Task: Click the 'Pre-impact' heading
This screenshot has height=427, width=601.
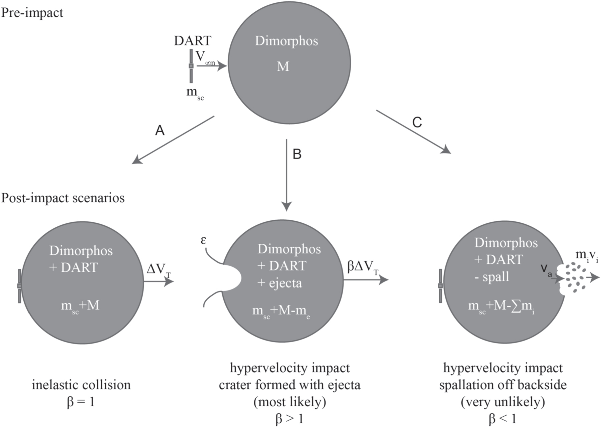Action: (32, 13)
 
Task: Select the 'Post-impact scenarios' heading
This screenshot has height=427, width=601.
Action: (63, 198)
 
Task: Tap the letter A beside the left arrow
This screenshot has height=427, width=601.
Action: (160, 130)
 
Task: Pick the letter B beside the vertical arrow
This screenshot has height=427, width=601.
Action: (297, 154)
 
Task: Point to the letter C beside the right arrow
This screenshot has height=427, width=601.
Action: (417, 123)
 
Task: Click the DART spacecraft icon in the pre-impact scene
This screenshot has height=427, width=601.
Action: (191, 66)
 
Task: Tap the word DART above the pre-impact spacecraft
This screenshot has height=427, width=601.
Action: (193, 41)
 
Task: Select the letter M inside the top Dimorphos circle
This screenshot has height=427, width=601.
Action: (283, 66)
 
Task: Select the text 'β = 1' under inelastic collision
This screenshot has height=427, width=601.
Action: (81, 402)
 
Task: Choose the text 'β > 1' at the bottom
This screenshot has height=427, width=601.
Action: (289, 419)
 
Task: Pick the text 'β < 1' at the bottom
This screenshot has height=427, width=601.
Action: (503, 419)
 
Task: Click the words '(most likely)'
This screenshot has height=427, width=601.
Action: (289, 402)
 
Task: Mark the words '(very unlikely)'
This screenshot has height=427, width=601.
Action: (503, 402)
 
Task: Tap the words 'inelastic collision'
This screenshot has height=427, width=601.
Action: (81, 385)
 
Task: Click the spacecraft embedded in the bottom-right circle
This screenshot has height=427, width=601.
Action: (440, 286)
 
